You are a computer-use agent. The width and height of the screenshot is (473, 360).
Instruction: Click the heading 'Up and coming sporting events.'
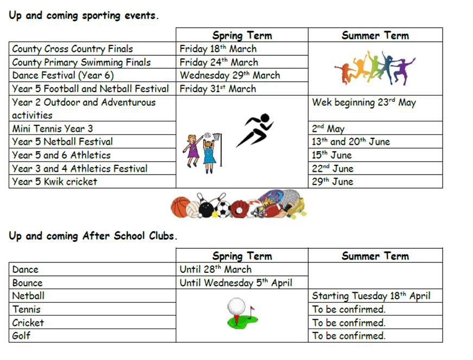pyautogui.click(x=84, y=15)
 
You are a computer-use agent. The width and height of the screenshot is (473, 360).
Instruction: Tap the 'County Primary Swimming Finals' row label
pyautogui.click(x=81, y=62)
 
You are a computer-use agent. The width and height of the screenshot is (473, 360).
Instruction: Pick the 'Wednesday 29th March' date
pyautogui.click(x=229, y=75)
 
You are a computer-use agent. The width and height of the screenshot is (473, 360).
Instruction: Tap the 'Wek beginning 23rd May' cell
pyautogui.click(x=363, y=102)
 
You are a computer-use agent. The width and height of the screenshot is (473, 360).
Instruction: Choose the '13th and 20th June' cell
pyautogui.click(x=350, y=142)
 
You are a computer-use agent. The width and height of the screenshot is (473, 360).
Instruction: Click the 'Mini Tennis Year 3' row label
pyautogui.click(x=53, y=128)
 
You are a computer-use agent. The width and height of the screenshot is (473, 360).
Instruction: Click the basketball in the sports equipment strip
pyautogui.click(x=181, y=207)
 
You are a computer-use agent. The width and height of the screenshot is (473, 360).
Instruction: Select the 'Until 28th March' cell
pyautogui.click(x=216, y=269)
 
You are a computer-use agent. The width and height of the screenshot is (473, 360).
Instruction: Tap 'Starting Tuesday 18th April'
pyautogui.click(x=371, y=296)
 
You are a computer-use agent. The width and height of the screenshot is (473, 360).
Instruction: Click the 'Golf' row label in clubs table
pyautogui.click(x=22, y=336)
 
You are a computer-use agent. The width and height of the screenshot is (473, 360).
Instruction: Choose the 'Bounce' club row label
pyautogui.click(x=27, y=282)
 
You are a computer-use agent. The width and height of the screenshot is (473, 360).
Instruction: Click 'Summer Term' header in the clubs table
pyautogui.click(x=375, y=256)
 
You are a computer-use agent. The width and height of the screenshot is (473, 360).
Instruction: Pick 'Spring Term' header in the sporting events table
pyautogui.click(x=242, y=35)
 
